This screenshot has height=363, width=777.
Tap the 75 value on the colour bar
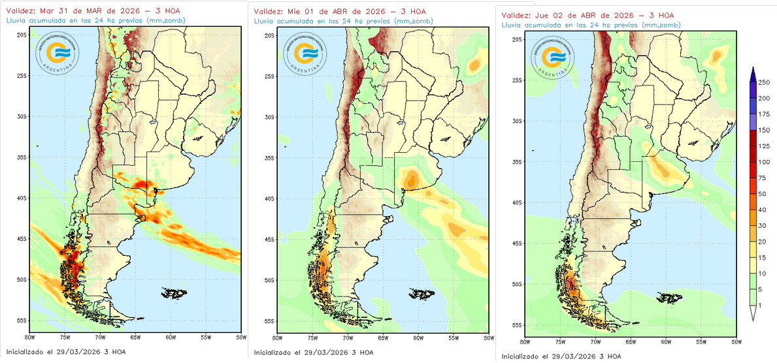(x=762, y=178)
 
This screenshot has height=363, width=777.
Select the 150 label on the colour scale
(x=763, y=130)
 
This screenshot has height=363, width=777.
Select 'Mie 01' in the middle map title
(x=303, y=12)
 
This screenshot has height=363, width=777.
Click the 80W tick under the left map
(x=29, y=337)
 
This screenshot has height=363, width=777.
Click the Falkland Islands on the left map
(x=172, y=292)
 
